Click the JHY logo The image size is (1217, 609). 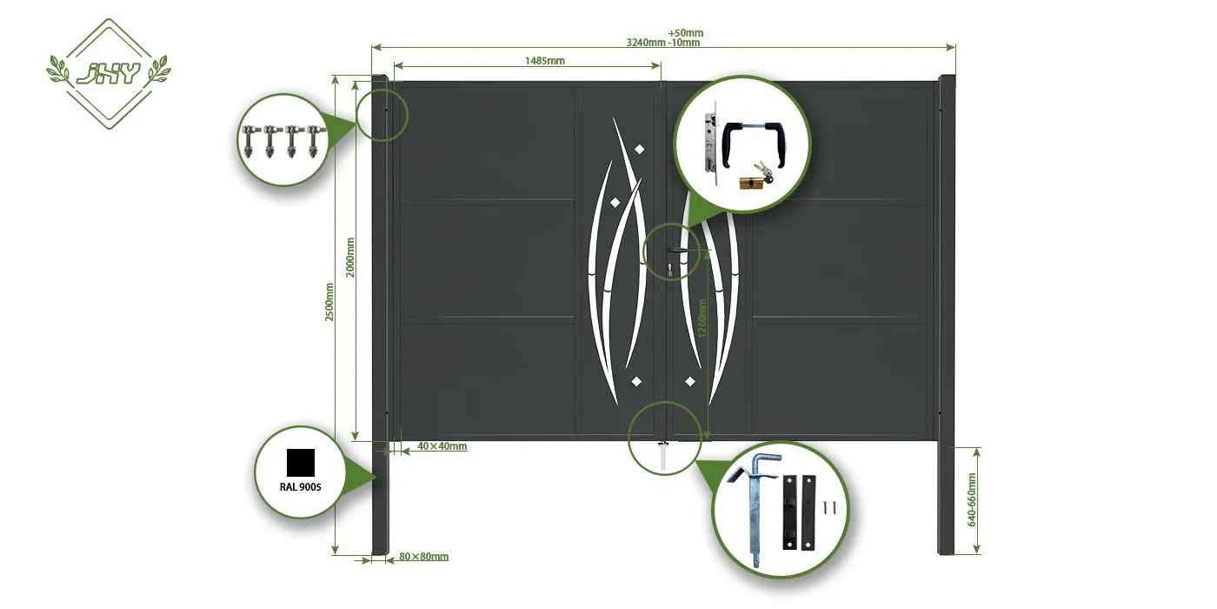click(x=109, y=73)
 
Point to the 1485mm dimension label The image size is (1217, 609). click(x=545, y=61)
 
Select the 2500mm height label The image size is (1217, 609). click(x=329, y=303)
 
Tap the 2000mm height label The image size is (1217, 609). click(x=351, y=258)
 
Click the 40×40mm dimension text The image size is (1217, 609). click(x=442, y=446)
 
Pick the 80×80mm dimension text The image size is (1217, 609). click(x=423, y=557)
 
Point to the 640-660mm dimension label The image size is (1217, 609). click(x=972, y=500)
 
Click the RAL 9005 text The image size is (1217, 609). click(x=301, y=487)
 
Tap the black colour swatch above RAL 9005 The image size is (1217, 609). click(x=301, y=462)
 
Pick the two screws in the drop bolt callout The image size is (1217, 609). click(x=831, y=506)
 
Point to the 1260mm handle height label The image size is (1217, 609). click(x=703, y=325)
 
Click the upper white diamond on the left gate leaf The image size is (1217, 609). click(x=641, y=149)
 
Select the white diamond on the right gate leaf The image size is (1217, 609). click(x=690, y=381)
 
